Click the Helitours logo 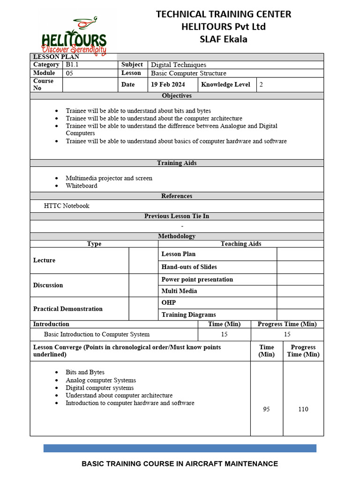point(74,37)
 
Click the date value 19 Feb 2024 point(167,85)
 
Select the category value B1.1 point(73,65)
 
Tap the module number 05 point(69,73)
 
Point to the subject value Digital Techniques point(178,65)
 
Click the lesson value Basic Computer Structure point(188,73)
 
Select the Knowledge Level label point(225,85)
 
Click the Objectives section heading point(177,96)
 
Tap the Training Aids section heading point(177,163)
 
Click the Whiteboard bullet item point(82,186)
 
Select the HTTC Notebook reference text point(67,206)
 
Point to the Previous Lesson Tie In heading point(177,216)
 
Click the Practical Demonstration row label point(67,309)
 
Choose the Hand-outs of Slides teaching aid point(189,267)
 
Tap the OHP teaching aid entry point(169,303)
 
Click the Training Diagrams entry point(188,315)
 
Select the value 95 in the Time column point(266,409)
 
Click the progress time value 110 point(303,409)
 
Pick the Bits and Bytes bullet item point(85,372)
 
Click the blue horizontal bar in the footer point(180,448)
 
